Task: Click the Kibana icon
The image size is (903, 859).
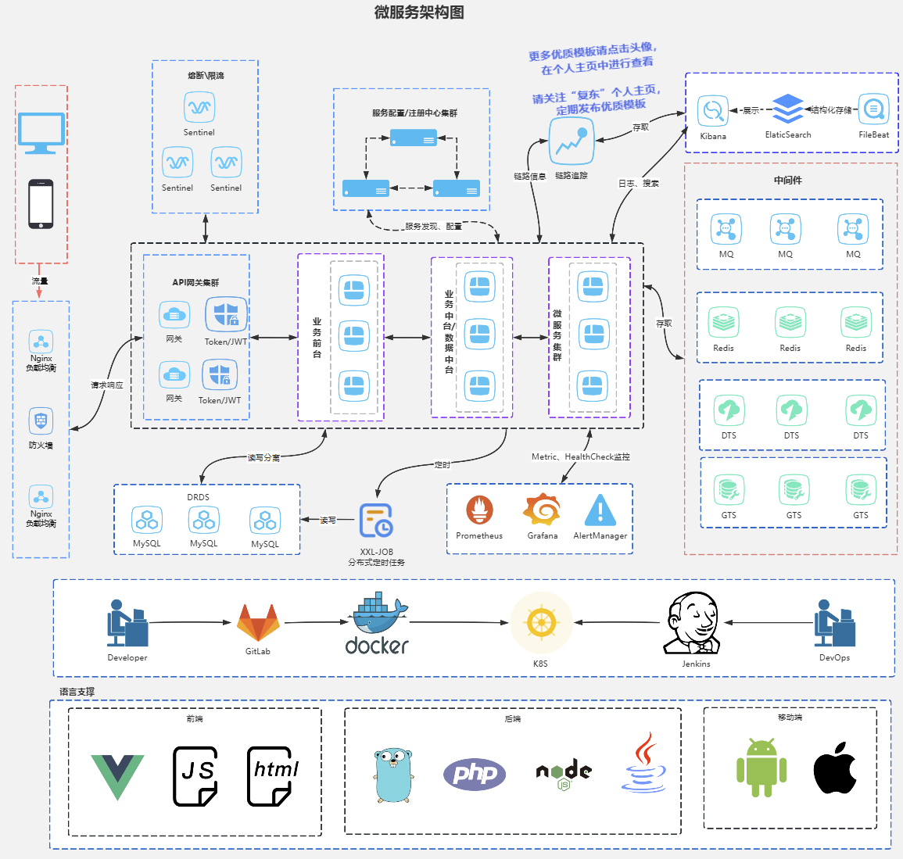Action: [712, 111]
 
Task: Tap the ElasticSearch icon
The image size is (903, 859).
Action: [787, 109]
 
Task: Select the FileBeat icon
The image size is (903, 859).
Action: [873, 109]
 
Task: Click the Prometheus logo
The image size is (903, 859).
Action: [479, 510]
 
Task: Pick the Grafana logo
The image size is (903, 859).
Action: [542, 510]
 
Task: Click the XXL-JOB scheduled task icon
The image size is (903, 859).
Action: [376, 521]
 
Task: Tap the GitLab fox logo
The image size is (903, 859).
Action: [257, 623]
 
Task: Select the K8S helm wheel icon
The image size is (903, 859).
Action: [540, 623]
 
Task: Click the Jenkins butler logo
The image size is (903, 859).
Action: [694, 623]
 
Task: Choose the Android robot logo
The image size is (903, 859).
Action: [761, 767]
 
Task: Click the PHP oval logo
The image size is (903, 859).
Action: [475, 774]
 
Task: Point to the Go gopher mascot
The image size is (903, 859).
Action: [392, 775]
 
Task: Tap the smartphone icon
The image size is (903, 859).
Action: [41, 204]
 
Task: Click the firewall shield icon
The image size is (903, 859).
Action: [41, 421]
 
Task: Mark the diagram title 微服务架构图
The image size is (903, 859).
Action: [419, 12]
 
